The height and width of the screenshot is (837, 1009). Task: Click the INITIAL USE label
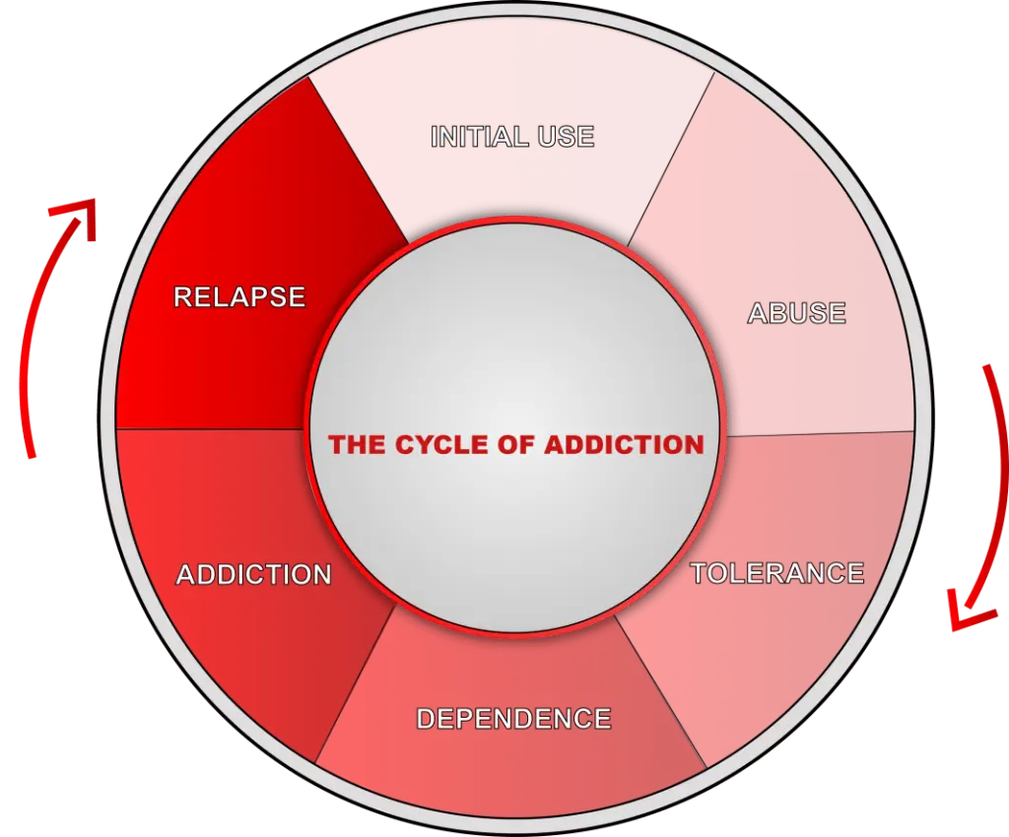[512, 136]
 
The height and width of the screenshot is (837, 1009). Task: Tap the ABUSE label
[796, 313]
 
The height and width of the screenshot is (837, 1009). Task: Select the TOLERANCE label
[777, 573]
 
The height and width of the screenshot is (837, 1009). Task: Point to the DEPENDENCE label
[513, 719]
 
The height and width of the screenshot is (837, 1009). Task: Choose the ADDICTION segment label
[254, 575]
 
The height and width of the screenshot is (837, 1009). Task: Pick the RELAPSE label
[239, 296]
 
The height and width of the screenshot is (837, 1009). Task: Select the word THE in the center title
[358, 445]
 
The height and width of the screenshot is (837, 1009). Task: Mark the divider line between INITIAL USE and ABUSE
[672, 158]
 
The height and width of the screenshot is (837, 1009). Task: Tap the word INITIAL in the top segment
[474, 136]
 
